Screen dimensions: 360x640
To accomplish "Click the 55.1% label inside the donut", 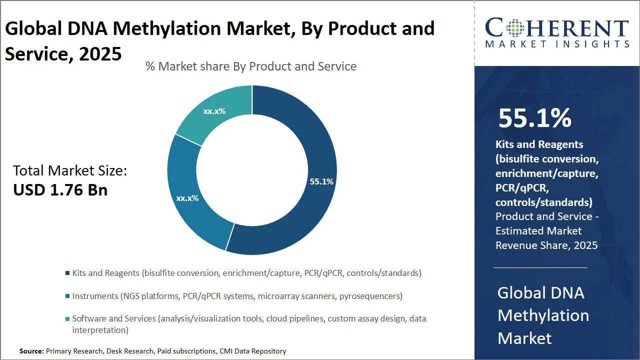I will (x=321, y=181).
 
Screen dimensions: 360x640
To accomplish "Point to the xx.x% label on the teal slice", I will (x=214, y=111).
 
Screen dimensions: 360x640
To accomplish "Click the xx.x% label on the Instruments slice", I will (x=187, y=198).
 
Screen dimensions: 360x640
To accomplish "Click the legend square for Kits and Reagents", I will (x=67, y=273).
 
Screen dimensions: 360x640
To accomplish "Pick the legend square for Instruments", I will (x=67, y=296).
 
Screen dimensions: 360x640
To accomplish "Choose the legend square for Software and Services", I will (x=67, y=318).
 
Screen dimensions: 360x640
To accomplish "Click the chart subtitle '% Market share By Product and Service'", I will (x=251, y=66).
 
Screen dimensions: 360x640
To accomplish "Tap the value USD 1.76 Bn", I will (x=60, y=190).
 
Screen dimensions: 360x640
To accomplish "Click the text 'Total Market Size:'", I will (x=70, y=171).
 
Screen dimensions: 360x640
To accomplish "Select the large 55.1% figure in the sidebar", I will (x=534, y=118).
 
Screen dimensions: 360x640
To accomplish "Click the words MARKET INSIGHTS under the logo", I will (x=556, y=44).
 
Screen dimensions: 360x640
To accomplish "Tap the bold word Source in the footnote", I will (x=31, y=351).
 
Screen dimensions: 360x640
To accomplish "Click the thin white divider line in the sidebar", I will (x=540, y=267).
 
